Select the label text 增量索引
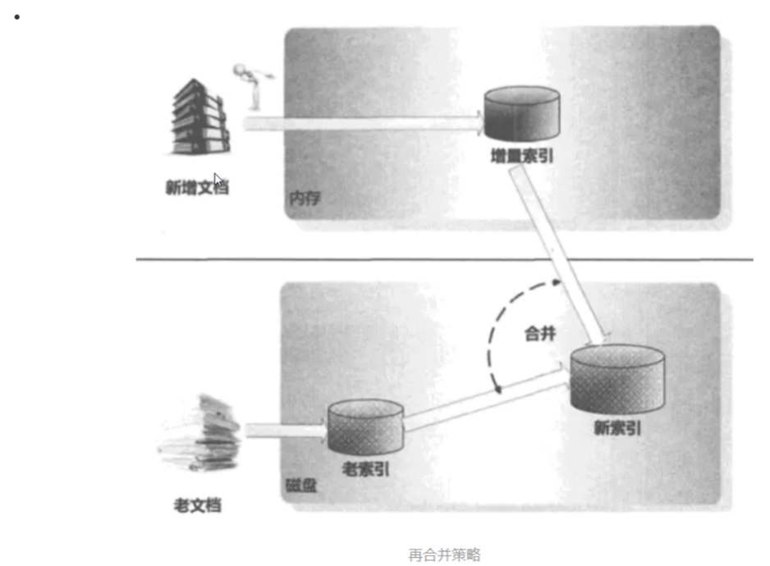pyautogui.click(x=521, y=155)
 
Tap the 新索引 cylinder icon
pyautogui.click(x=617, y=377)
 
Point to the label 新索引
pyautogui.click(x=616, y=427)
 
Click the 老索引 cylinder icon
pyautogui.click(x=365, y=425)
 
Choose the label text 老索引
pyautogui.click(x=365, y=469)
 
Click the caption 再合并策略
pyautogui.click(x=444, y=555)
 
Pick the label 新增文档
pyautogui.click(x=196, y=188)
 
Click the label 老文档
pyautogui.click(x=198, y=504)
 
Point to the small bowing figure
pyautogui.click(x=250, y=83)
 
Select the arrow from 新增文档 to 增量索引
pyautogui.click(x=361, y=124)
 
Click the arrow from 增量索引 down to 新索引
pyautogui.click(x=558, y=254)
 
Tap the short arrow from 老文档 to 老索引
pyautogui.click(x=284, y=430)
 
